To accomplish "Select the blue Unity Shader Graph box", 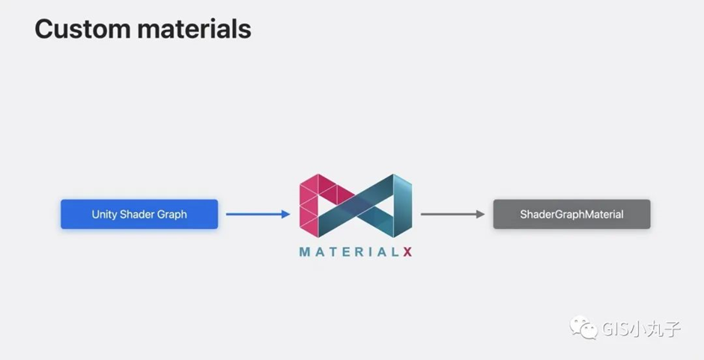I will (139, 214).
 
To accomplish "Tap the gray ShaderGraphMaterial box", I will (571, 214).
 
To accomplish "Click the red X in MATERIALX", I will (407, 252).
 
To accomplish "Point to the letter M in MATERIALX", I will (305, 252).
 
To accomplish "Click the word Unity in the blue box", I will (105, 214).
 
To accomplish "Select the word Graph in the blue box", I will (172, 214).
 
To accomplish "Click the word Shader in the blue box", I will (137, 214).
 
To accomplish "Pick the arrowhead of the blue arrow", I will (285, 214).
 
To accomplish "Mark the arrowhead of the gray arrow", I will (481, 214).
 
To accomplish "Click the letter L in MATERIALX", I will (392, 252).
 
